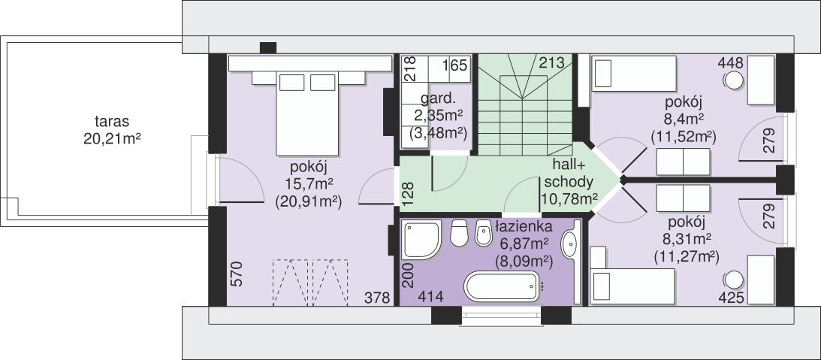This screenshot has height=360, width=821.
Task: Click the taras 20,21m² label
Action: click(112, 131)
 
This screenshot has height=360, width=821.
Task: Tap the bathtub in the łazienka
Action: click(501, 286)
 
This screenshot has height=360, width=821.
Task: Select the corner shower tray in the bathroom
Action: click(421, 241)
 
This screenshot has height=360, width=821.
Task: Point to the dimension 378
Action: click(378, 298)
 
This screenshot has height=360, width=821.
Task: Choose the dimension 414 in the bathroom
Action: click(431, 297)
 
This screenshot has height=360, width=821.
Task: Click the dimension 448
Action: click(730, 63)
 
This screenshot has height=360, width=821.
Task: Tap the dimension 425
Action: click(732, 298)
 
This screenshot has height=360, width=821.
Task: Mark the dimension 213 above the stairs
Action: click(551, 63)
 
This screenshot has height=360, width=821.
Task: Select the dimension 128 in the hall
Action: click(409, 193)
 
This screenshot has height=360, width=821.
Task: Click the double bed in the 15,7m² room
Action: click(306, 113)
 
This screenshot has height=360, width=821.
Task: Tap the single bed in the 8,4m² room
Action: click(633, 74)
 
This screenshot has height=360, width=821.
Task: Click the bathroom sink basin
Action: click(569, 244)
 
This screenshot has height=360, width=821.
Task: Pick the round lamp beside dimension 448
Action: click(734, 80)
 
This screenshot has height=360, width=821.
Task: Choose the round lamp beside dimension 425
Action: click(734, 280)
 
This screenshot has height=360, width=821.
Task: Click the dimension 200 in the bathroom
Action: click(409, 276)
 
